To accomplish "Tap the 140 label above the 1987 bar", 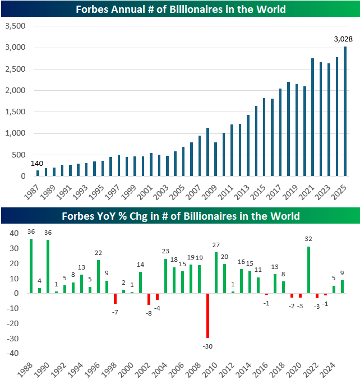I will pyautogui.click(x=37, y=163).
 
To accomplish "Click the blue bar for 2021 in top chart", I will pyautogui.click(x=312, y=117).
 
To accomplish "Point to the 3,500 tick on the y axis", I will pyautogui.click(x=16, y=26).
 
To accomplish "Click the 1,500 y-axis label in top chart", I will pyautogui.click(x=16, y=112).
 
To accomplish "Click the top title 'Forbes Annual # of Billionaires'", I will pyautogui.click(x=180, y=9).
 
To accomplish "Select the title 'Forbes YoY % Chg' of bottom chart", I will pyautogui.click(x=180, y=216).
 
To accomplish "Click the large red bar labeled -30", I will pyautogui.click(x=207, y=316).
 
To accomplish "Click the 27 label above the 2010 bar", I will pyautogui.click(x=216, y=245).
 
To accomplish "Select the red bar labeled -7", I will pyautogui.click(x=115, y=299).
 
